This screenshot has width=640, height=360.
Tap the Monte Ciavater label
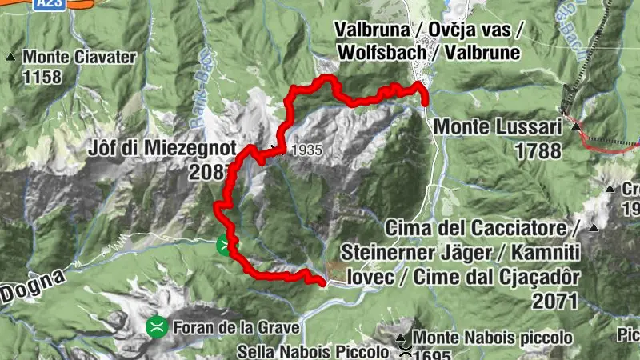[x=80, y=57]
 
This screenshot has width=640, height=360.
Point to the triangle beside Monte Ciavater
[x=10, y=57]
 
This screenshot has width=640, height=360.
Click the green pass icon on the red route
[x=226, y=244]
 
